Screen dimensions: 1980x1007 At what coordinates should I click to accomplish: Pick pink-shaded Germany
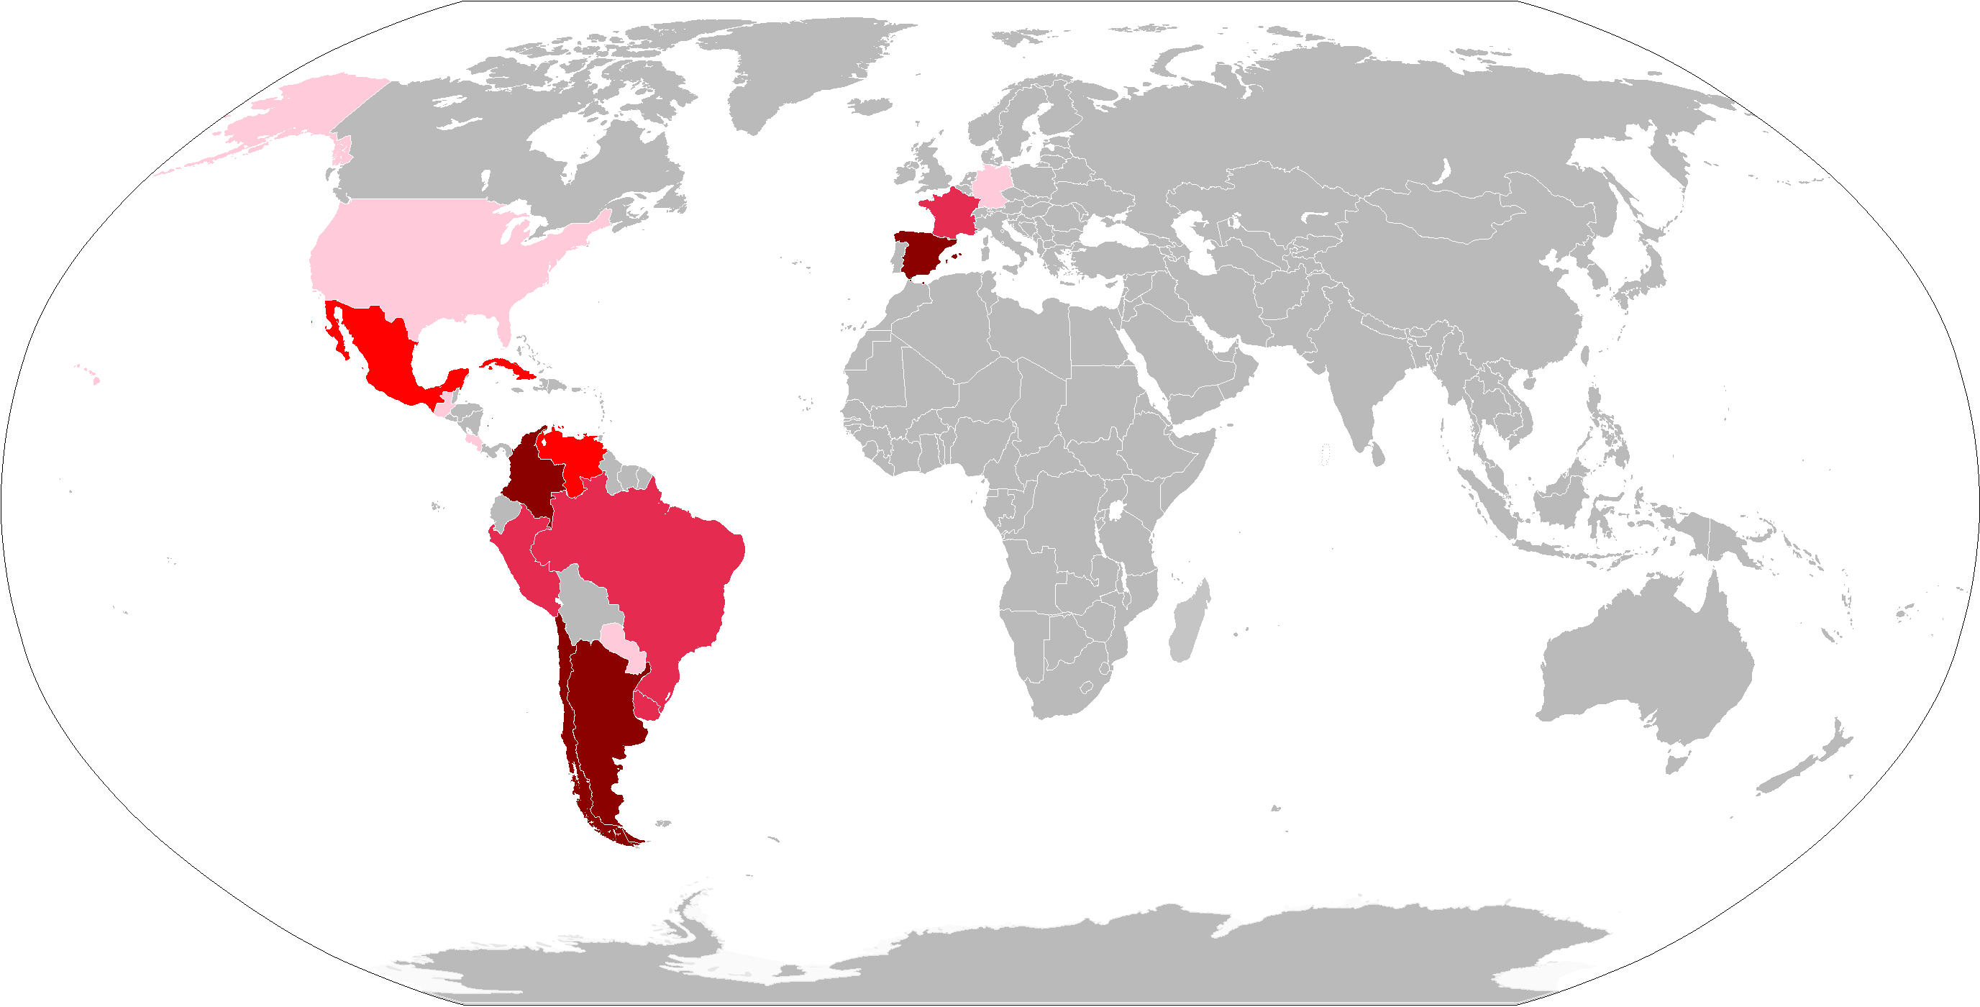click(x=992, y=184)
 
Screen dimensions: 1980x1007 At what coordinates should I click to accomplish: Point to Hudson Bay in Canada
click(x=561, y=146)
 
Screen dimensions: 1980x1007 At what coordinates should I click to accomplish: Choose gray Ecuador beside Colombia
click(x=503, y=511)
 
